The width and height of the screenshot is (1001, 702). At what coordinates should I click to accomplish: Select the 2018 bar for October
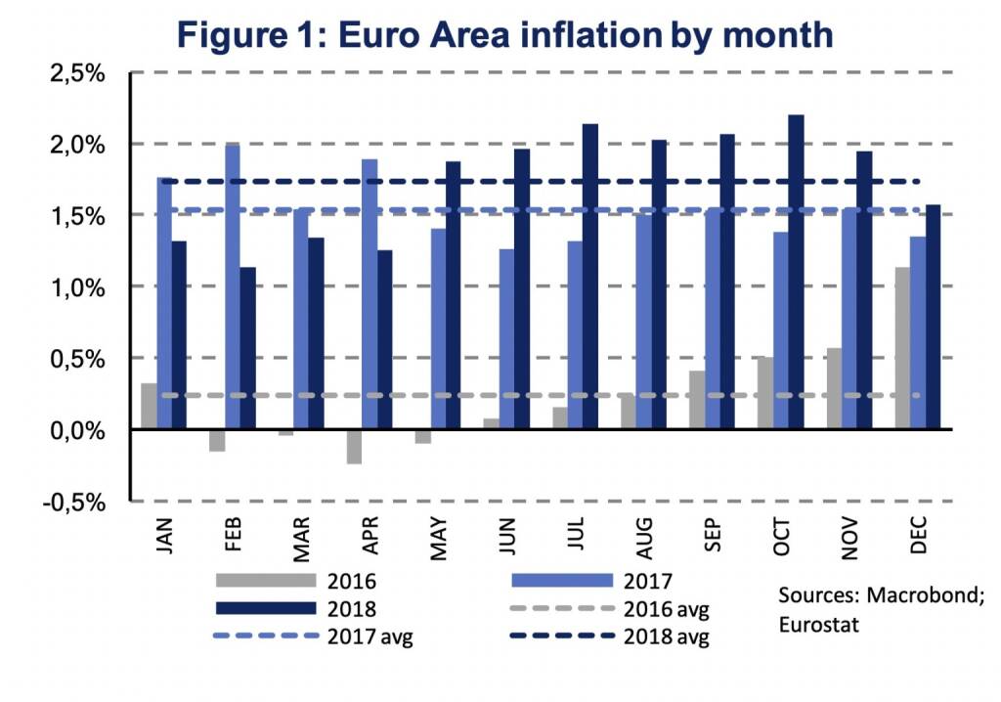[796, 273]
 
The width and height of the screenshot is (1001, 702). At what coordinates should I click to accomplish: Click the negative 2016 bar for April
[354, 447]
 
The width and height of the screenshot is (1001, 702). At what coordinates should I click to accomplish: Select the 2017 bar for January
[164, 303]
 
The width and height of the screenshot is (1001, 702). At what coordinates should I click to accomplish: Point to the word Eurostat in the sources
[818, 624]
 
